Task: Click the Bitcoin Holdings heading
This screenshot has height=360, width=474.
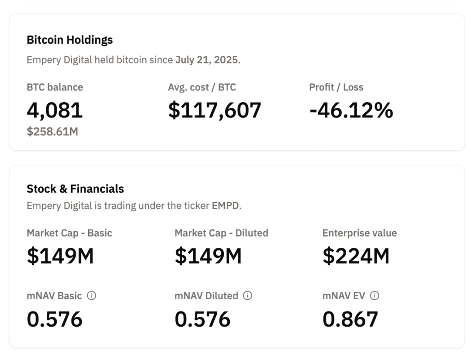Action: pos(70,40)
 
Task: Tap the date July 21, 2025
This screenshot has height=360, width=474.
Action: pos(207,60)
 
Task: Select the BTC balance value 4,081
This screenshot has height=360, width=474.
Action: pos(55,110)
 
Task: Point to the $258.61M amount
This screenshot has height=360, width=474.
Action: pos(52,132)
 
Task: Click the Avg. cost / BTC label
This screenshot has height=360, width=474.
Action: pos(202,87)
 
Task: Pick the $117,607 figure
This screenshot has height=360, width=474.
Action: pos(215,110)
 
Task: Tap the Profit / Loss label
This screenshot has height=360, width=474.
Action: pos(336,87)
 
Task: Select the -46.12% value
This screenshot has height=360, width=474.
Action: pos(351,110)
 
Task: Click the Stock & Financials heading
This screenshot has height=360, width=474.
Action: pos(75,189)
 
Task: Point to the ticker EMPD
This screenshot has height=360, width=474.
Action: pos(226,206)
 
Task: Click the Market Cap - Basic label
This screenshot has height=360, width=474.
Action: pos(69,233)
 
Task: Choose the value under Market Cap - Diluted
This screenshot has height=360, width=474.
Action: pos(208,256)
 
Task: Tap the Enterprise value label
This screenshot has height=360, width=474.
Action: pos(359,233)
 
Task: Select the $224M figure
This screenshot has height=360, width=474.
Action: pos(356,256)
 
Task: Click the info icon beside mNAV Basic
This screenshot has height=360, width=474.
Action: pos(92,296)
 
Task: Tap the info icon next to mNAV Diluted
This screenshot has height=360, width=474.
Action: pos(247,296)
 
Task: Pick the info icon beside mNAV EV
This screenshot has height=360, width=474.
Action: pos(374,296)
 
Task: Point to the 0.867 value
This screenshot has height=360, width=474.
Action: pos(350,319)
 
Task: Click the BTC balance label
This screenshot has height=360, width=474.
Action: pos(55,87)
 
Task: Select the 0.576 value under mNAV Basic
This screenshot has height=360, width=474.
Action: pos(55,319)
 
